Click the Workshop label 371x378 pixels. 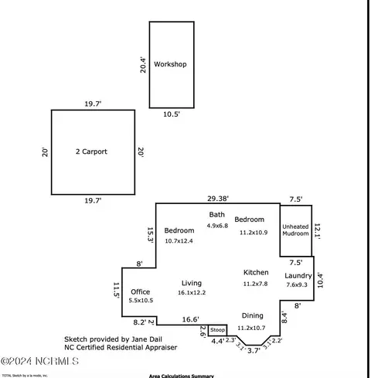(x=170, y=64)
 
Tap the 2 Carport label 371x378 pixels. (x=91, y=152)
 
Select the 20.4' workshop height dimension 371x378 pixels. (x=142, y=64)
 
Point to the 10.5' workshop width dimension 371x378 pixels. (x=171, y=114)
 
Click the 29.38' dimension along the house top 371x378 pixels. (x=219, y=198)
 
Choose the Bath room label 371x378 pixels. (x=216, y=214)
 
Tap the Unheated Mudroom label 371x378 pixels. (x=295, y=230)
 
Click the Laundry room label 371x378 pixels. (x=298, y=276)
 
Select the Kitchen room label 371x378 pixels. (x=256, y=272)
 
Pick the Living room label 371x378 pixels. (x=192, y=283)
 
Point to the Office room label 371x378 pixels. (x=141, y=291)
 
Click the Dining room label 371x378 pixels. (x=252, y=315)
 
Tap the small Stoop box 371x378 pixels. (x=217, y=329)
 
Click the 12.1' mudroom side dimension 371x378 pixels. (x=317, y=230)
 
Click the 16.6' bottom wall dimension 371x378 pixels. (x=190, y=319)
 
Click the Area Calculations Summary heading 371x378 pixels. (x=181, y=375)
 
